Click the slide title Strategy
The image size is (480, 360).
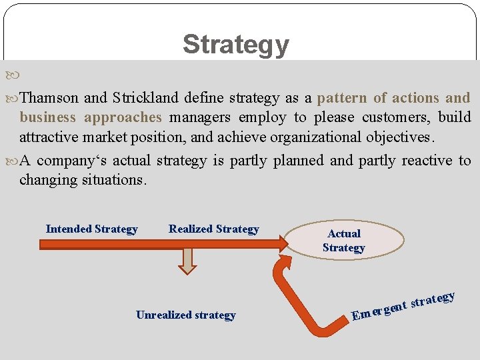pos(236,44)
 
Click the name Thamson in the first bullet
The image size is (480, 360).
pos(50,98)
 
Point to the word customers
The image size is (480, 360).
pos(393,118)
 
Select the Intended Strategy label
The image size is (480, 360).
pos(91,229)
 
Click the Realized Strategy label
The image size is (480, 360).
pos(213,229)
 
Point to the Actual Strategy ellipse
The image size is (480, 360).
pos(344,241)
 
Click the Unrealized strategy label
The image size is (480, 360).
pos(185,315)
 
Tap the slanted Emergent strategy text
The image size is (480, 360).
pos(403,305)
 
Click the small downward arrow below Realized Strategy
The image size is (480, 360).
pos(189,262)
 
